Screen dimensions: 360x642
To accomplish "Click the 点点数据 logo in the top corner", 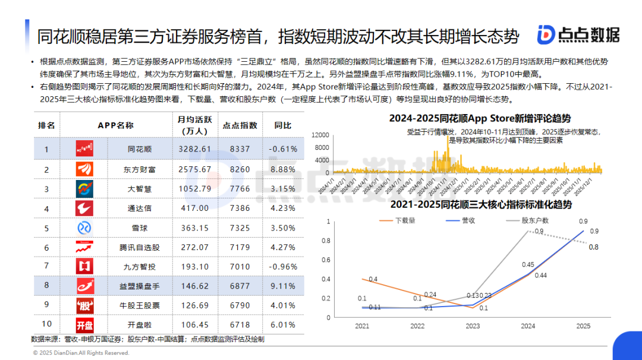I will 577,35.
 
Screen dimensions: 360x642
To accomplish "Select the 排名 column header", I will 46,125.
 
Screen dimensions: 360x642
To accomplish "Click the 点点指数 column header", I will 240,125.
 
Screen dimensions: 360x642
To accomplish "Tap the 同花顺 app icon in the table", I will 84,149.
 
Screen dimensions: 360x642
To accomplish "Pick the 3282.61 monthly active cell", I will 194,149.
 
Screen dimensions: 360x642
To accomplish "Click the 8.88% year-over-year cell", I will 284,169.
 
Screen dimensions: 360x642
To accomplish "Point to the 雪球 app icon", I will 84,228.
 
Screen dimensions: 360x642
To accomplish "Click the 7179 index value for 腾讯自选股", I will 240,247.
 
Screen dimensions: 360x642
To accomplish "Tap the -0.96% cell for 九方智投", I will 282,267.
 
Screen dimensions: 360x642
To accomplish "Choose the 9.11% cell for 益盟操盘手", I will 284,286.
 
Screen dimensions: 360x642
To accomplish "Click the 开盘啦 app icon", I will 84,325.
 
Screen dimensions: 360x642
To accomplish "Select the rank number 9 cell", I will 46,305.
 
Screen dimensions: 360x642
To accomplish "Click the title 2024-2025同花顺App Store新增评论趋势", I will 480,118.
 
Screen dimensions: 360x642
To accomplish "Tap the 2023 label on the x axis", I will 473,326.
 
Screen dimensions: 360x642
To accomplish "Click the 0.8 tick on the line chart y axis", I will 327,241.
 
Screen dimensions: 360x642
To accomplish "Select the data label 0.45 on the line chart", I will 527,265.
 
